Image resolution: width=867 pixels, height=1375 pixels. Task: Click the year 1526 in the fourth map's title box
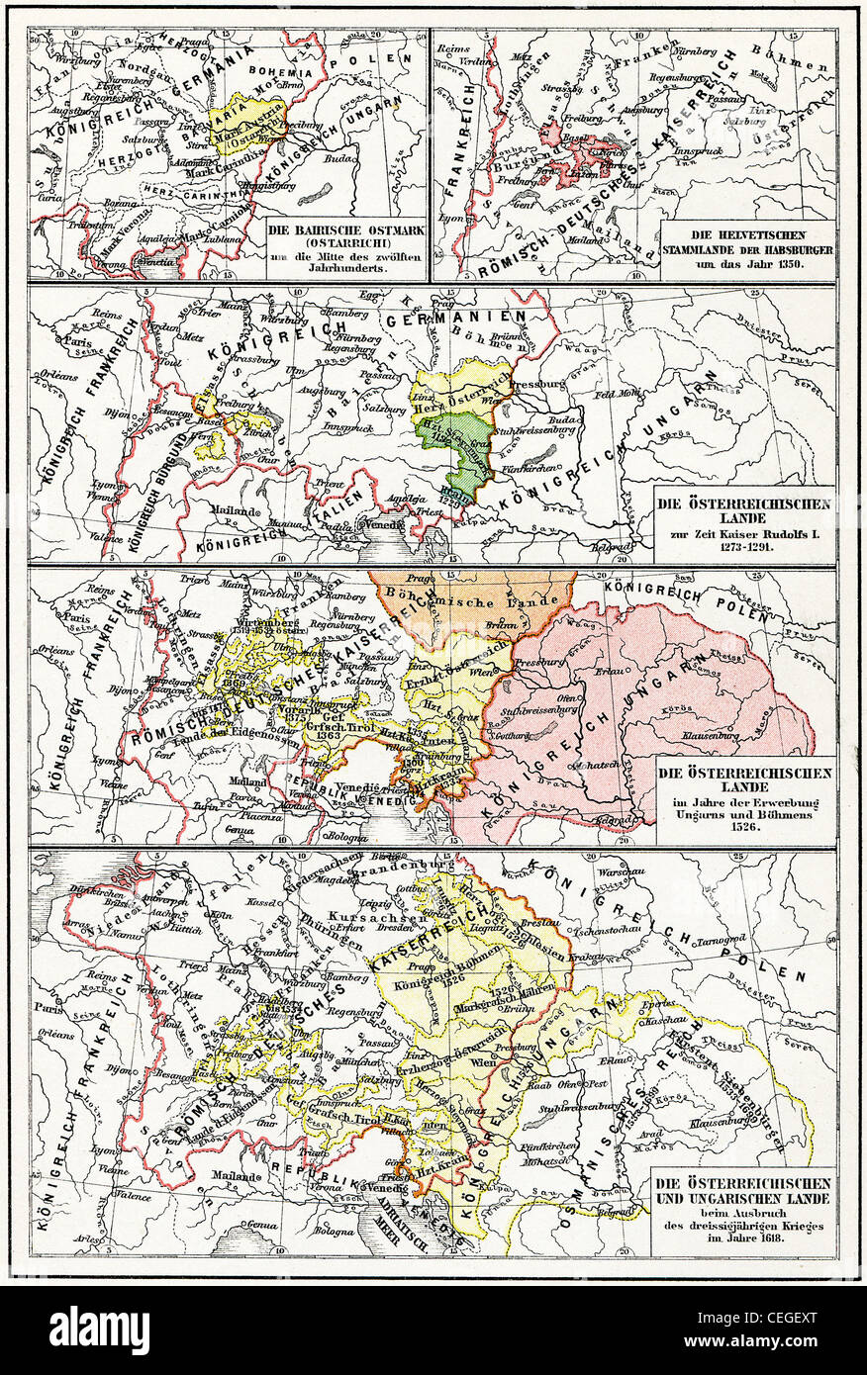pos(745,830)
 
